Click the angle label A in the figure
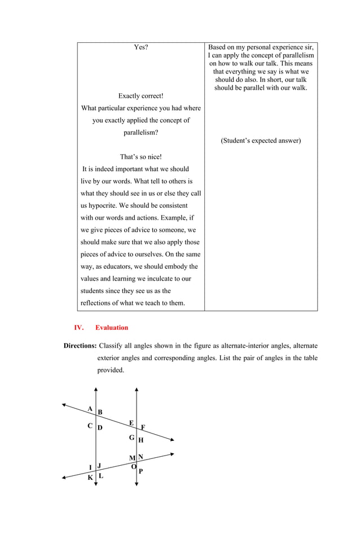coord(90,408)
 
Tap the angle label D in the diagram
coord(100,428)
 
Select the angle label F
coord(143,427)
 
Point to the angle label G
coord(131,438)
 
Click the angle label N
coord(141,457)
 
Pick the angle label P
coord(141,471)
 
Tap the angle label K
coord(90,478)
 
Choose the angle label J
coord(99,466)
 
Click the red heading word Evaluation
coord(112,327)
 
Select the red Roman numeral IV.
coord(79,327)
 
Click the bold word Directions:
coord(80,346)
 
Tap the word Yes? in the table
coord(141,47)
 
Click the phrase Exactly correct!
coord(141,96)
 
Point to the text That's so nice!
coord(141,156)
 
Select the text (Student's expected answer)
coord(261,141)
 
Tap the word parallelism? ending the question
coord(141,133)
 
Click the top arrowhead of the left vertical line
coord(96,389)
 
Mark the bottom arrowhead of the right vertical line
coord(137,486)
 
